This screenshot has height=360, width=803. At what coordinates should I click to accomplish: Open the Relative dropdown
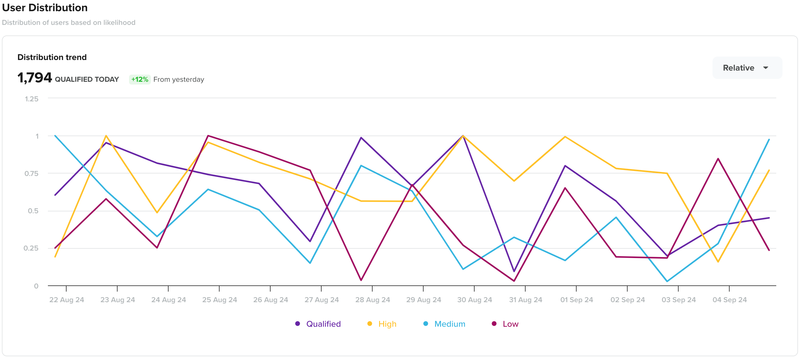747,68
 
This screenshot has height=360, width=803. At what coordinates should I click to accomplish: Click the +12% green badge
139,80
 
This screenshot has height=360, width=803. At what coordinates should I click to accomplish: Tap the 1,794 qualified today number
35,78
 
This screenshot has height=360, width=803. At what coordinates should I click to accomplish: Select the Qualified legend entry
323,324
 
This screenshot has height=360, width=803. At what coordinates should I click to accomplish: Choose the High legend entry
387,324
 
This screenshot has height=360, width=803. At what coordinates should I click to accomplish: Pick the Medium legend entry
449,324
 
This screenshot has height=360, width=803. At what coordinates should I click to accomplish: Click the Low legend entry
510,324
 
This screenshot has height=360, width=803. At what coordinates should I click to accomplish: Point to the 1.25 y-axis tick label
31,99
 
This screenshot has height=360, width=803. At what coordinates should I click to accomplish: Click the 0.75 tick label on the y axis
31,173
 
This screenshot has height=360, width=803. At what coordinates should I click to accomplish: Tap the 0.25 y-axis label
31,248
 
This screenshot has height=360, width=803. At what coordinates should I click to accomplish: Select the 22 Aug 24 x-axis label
66,299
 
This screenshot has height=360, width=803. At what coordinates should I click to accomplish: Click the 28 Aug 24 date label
373,299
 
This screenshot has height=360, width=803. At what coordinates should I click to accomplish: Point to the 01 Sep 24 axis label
576,299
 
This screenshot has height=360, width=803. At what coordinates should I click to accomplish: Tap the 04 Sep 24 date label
729,299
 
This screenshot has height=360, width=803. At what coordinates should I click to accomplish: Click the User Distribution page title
45,8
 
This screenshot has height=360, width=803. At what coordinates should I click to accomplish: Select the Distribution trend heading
52,57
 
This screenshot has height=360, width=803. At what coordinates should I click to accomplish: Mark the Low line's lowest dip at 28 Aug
361,280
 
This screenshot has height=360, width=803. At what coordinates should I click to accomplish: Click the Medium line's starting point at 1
55,136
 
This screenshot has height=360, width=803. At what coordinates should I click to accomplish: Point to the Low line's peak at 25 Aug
208,136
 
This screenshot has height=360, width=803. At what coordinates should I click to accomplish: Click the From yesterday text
179,80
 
